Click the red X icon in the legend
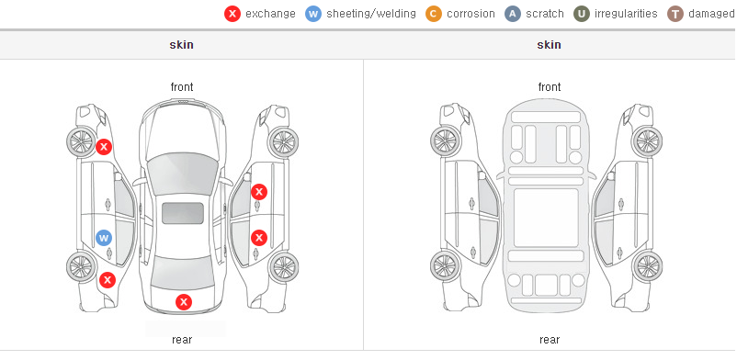pyautogui.click(x=232, y=14)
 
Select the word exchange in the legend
pyautogui.click(x=270, y=14)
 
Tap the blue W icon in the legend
pyautogui.click(x=313, y=14)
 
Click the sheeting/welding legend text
pyautogui.click(x=371, y=14)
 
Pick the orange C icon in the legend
pyautogui.click(x=434, y=14)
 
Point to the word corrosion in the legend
pyautogui.click(x=471, y=14)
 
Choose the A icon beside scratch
pyautogui.click(x=513, y=14)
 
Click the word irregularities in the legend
pyautogui.click(x=626, y=14)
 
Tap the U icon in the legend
pyautogui.click(x=581, y=14)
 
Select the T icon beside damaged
pyautogui.click(x=675, y=14)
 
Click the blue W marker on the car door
pyautogui.click(x=104, y=238)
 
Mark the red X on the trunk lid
pyautogui.click(x=184, y=302)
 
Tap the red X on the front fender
pyautogui.click(x=104, y=147)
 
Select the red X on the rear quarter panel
pyautogui.click(x=108, y=280)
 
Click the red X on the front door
pyautogui.click(x=259, y=192)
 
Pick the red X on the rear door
pyautogui.click(x=259, y=237)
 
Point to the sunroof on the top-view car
pyautogui.click(x=183, y=213)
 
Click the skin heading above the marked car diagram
pyautogui.click(x=181, y=45)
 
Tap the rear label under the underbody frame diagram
pyautogui.click(x=550, y=339)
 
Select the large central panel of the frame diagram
pyautogui.click(x=546, y=218)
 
